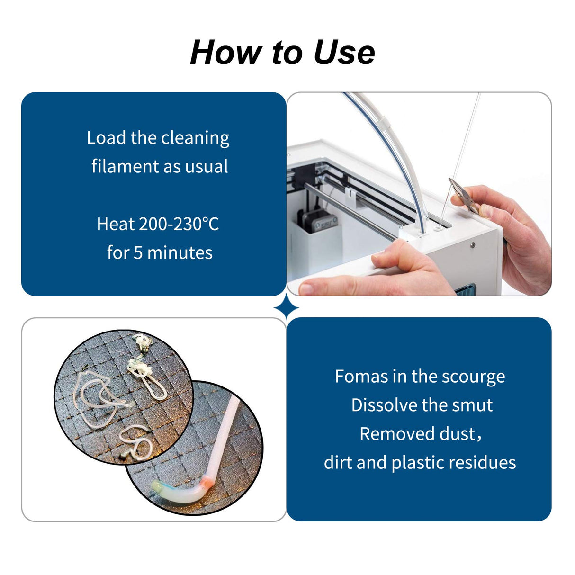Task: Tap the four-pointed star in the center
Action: click(x=287, y=308)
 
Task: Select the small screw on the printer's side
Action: click(x=472, y=245)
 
